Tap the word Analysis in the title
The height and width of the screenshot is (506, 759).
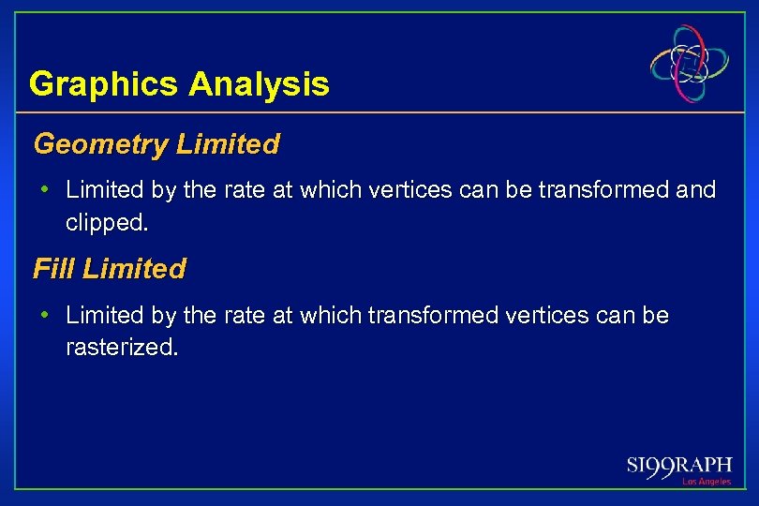[x=259, y=84]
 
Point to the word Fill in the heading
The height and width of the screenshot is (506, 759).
[x=52, y=269]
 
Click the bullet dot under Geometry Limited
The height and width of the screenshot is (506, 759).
[x=46, y=190]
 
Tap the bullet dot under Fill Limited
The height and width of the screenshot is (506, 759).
[x=46, y=315]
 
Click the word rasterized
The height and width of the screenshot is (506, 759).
[x=121, y=349]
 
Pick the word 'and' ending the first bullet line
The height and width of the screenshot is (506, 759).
[x=695, y=190]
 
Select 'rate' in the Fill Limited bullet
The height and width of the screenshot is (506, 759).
[x=244, y=315]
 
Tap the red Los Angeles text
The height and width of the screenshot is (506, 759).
[x=707, y=482]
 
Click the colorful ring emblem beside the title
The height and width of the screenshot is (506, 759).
[x=691, y=64]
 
